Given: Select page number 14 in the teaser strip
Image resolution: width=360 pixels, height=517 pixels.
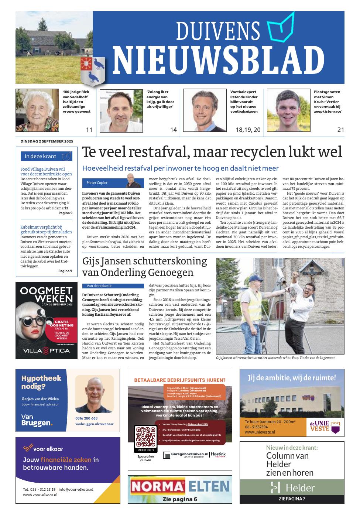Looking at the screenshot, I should [174, 130].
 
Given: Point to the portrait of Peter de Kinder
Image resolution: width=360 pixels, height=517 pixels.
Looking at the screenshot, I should [205, 110].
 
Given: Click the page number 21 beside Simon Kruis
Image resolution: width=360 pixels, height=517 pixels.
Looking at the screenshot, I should [340, 130].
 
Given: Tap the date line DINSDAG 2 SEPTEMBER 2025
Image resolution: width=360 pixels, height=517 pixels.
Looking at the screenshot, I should [47, 141].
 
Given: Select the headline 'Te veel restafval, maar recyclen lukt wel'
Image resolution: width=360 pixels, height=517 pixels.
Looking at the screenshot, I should [212, 152].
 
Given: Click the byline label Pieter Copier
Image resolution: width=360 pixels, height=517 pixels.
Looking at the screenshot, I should [97, 182].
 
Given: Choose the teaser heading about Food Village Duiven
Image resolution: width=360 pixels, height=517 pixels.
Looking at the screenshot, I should [46, 171].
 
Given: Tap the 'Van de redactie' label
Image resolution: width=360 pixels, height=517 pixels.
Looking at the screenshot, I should [99, 286].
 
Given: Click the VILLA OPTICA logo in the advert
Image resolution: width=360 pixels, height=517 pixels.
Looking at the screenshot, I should [46, 350].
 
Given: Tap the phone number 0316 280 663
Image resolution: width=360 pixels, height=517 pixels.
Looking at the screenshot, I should [87, 418].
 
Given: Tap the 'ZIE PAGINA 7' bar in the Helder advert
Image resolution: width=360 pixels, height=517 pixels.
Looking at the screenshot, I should [292, 499].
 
